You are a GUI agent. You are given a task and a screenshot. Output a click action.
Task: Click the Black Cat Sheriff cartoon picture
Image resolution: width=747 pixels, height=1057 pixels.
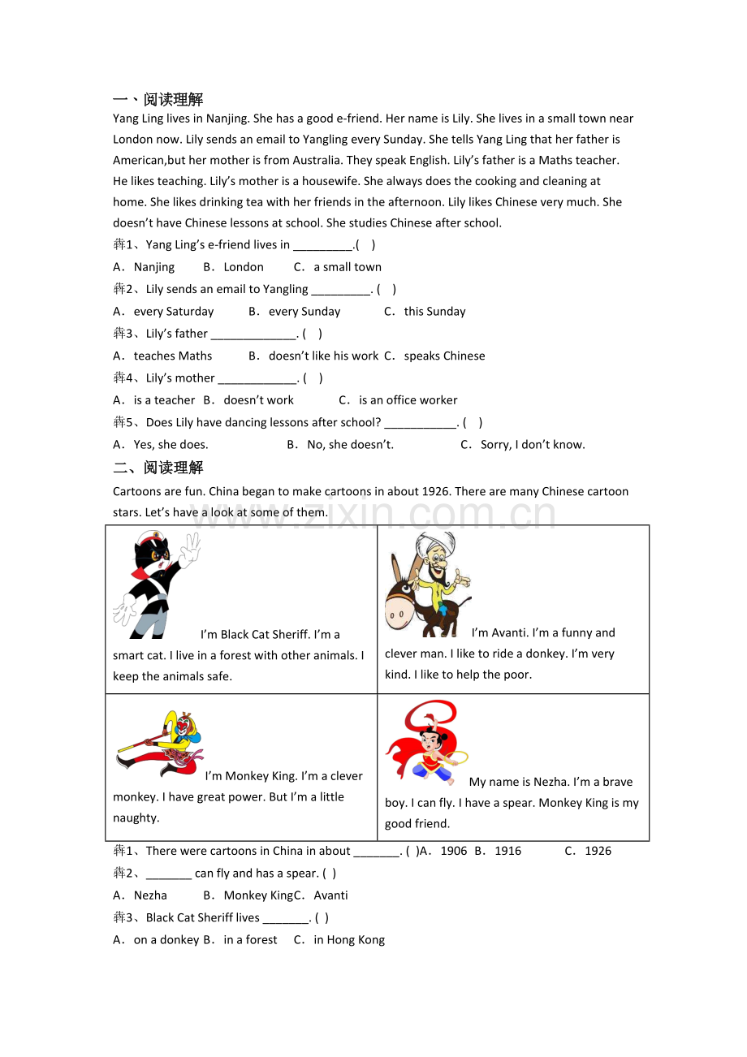tap(156, 585)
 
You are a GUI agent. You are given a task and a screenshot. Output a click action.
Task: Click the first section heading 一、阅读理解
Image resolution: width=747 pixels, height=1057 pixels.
tap(158, 100)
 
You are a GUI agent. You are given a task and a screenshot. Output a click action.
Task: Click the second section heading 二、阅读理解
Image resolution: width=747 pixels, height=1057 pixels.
tap(158, 468)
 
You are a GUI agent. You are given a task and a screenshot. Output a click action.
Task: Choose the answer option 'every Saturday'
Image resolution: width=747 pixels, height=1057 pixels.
tap(173, 312)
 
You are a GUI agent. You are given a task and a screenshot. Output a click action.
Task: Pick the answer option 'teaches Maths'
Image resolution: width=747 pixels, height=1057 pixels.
tap(172, 356)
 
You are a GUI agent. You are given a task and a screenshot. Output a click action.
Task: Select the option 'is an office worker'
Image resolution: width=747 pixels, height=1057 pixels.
tap(408, 400)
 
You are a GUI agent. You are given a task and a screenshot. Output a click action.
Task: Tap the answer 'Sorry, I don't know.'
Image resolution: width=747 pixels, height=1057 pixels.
tap(533, 445)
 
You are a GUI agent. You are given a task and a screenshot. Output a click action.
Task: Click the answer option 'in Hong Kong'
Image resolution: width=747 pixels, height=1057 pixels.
tap(349, 940)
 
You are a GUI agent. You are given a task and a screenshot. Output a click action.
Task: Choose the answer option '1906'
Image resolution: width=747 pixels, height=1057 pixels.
tap(453, 852)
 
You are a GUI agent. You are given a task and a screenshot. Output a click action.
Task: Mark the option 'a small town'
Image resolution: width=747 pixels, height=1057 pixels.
tap(348, 267)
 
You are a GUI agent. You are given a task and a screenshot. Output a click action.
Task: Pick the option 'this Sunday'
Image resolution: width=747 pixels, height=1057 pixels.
tap(434, 312)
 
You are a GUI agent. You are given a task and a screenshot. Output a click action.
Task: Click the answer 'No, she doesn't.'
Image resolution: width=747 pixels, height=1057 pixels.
tap(350, 445)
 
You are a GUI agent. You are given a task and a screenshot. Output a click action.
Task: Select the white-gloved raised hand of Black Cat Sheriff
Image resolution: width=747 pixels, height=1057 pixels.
tap(189, 550)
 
